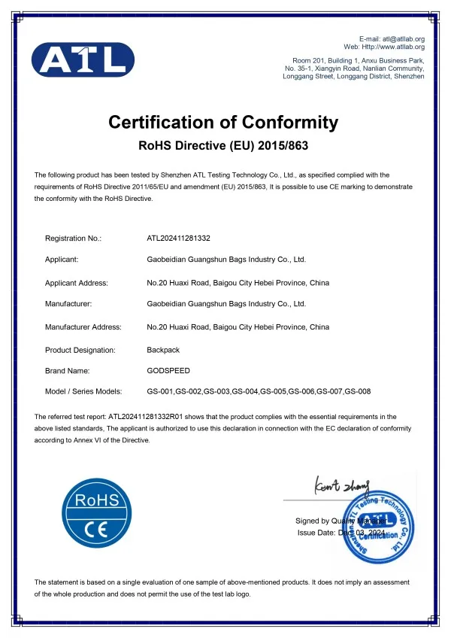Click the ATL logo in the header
click(x=83, y=59)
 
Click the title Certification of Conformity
click(x=223, y=122)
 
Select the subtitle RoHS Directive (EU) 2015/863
click(x=225, y=144)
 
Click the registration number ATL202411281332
click(x=178, y=238)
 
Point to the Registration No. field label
click(x=73, y=238)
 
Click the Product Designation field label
click(x=80, y=350)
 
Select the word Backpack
click(x=163, y=350)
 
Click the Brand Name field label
click(x=68, y=370)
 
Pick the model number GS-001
click(x=160, y=391)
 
